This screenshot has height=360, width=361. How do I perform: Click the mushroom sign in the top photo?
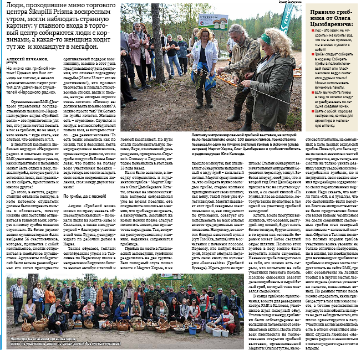213,21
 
